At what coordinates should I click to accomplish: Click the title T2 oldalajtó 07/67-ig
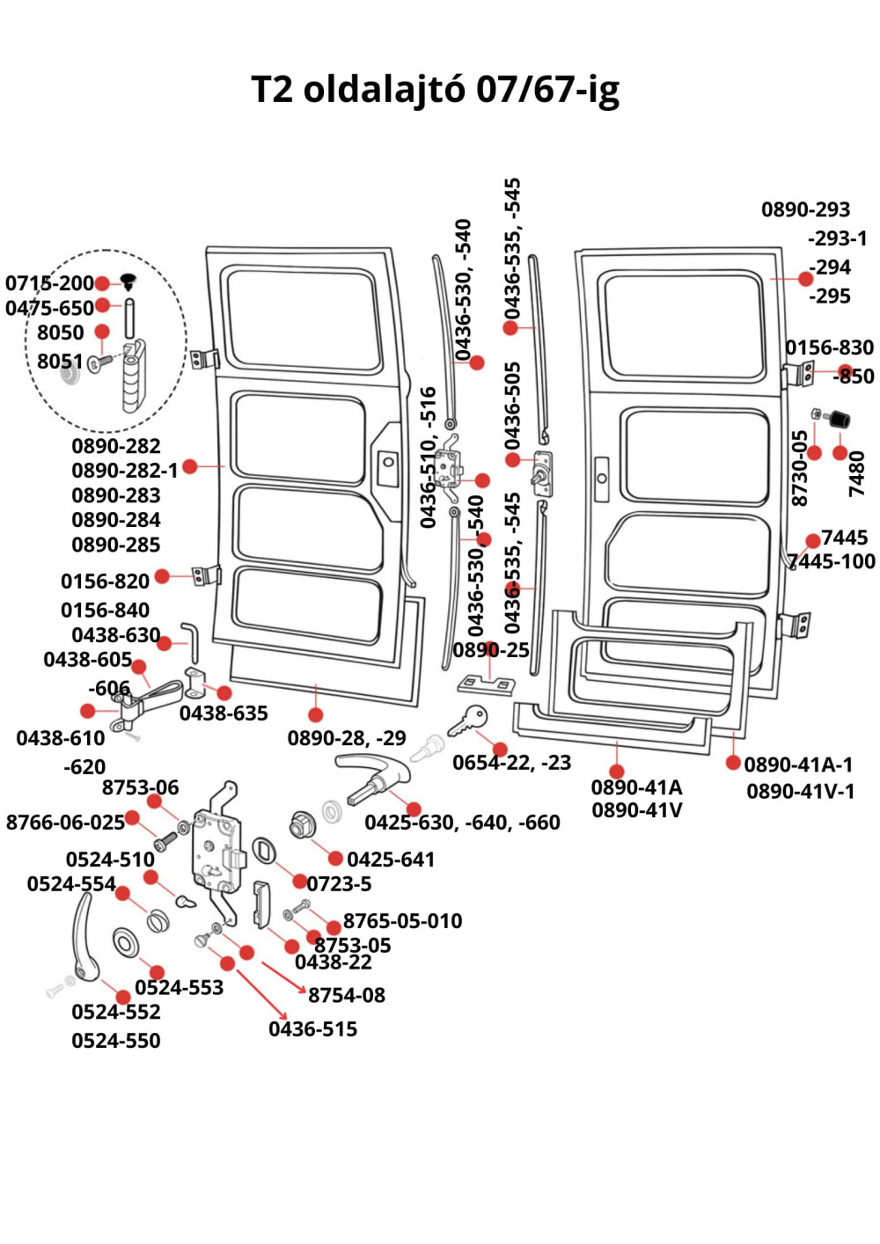(x=436, y=90)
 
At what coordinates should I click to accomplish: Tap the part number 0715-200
(x=49, y=283)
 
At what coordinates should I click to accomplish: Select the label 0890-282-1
(x=124, y=471)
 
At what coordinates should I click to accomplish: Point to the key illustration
(x=466, y=721)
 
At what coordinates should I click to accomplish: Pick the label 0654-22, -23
(x=511, y=763)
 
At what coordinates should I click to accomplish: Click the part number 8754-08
(x=346, y=995)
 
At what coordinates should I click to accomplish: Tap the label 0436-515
(x=312, y=1028)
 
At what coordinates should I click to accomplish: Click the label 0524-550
(x=116, y=1041)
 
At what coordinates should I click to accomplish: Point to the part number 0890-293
(x=805, y=209)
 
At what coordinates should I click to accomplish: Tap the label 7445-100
(x=832, y=561)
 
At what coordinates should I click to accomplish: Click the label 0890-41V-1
(x=800, y=791)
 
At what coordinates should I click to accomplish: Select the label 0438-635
(x=224, y=713)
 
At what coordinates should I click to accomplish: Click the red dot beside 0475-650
(x=102, y=305)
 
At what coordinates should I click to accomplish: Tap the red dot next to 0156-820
(x=162, y=576)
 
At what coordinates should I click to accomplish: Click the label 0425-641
(x=391, y=860)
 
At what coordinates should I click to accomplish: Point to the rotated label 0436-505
(x=513, y=404)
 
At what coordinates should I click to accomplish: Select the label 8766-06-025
(x=65, y=823)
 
